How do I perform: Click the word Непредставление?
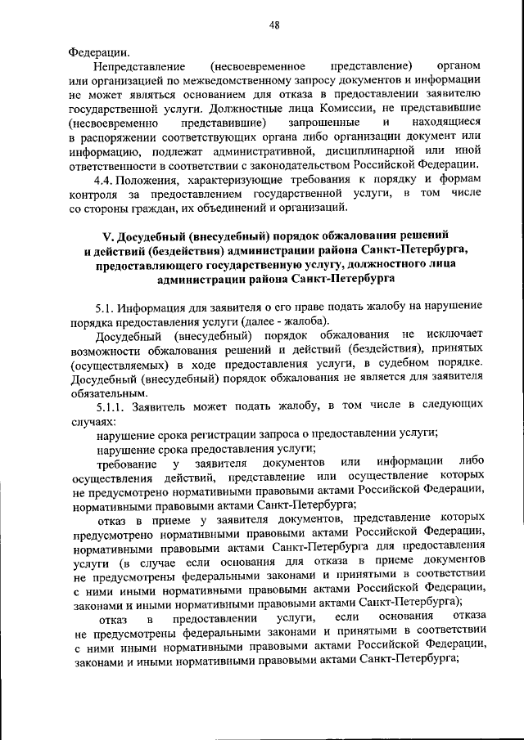pyautogui.click(x=140, y=65)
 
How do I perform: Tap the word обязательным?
pyautogui.click(x=109, y=390)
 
